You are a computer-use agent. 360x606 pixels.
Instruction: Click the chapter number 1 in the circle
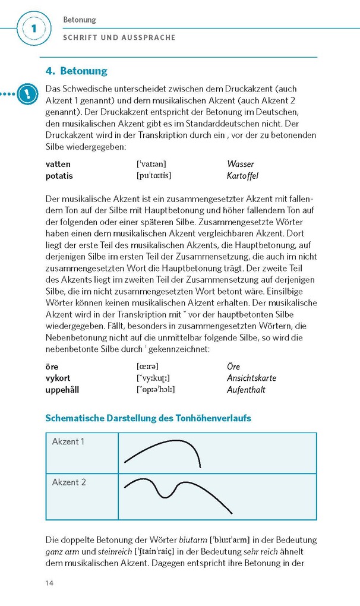tap(33, 29)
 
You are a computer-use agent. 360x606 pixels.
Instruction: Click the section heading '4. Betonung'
tap(77, 71)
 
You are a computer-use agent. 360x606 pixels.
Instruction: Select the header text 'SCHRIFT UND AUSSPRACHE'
tap(119, 37)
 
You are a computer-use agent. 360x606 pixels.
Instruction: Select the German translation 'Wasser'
tap(240, 164)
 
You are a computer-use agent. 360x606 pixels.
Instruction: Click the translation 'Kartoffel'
tap(242, 176)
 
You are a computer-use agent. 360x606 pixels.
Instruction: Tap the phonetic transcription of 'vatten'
tap(151, 164)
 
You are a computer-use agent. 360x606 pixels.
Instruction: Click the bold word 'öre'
tap(52, 367)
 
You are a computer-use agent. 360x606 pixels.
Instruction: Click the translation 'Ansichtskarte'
tap(251, 378)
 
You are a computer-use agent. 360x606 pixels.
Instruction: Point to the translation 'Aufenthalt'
tap(246, 390)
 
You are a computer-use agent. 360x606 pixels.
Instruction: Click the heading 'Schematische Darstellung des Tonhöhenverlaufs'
tap(148, 418)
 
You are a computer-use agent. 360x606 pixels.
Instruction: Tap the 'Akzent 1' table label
tap(68, 441)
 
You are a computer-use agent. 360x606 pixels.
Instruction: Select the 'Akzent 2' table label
tap(69, 482)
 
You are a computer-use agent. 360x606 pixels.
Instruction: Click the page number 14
tap(49, 583)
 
